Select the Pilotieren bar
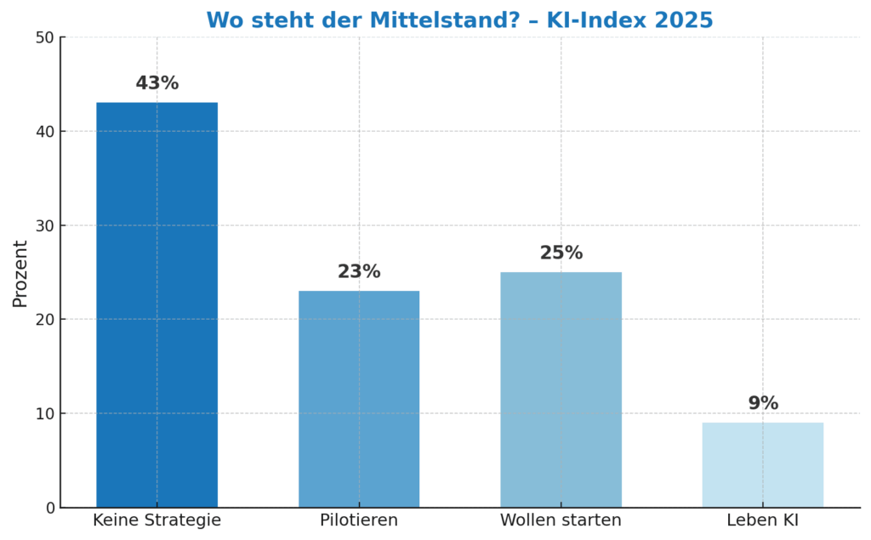point(358,399)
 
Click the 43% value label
point(157,83)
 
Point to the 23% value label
point(358,272)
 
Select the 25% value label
point(561,253)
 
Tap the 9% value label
point(762,404)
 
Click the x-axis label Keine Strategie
point(157,520)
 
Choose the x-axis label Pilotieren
point(358,520)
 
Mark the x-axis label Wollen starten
point(561,520)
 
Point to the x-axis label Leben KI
point(762,520)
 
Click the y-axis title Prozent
point(20,273)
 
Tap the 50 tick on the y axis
point(45,37)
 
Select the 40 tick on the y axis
point(45,132)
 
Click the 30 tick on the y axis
point(45,225)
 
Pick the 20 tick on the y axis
point(45,320)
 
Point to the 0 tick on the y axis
point(49,508)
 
